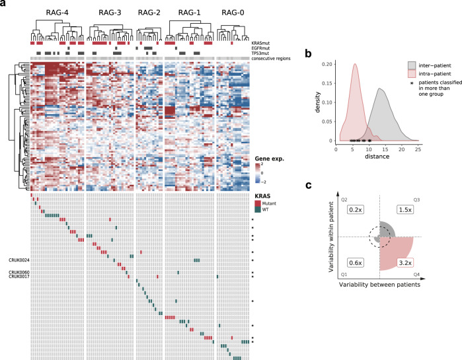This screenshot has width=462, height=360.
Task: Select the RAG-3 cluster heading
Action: pos(108,13)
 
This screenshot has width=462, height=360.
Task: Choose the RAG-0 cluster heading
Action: pos(233,13)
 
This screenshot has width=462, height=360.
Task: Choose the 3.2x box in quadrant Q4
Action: pos(404,262)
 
